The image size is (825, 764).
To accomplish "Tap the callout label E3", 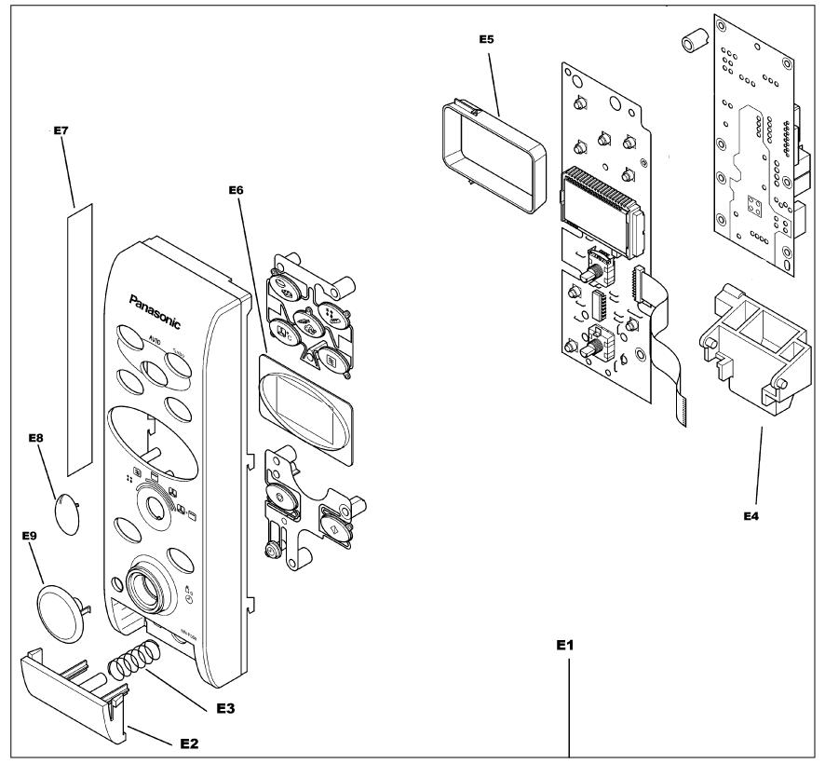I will point(225,708).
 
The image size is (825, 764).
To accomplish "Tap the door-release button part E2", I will point(74,689).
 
